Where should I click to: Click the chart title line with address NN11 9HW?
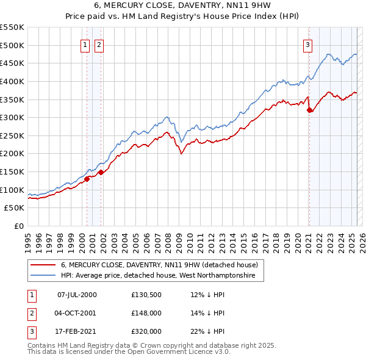[x=182, y=5]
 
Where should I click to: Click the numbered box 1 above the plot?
[x=85, y=44]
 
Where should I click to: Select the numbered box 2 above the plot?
[x=99, y=44]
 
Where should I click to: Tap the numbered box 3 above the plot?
[x=308, y=44]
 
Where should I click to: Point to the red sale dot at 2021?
[x=310, y=110]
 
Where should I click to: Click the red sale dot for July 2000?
[x=87, y=179]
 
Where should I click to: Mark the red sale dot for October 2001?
[x=101, y=173]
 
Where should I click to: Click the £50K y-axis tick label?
[x=15, y=208]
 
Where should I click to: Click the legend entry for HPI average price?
[x=162, y=276]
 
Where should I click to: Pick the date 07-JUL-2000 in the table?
[x=76, y=295]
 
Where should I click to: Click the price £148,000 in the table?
[x=146, y=313]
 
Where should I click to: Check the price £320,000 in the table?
[x=146, y=331]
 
